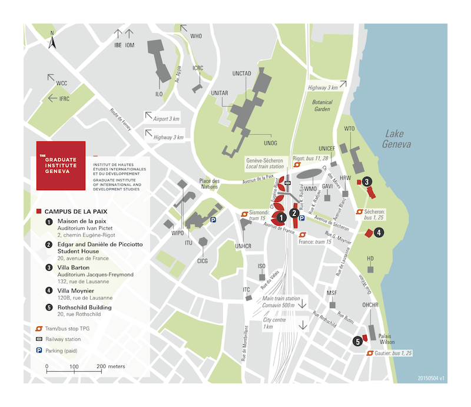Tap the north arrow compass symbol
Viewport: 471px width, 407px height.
tap(52, 41)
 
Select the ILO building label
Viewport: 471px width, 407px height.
tap(158, 94)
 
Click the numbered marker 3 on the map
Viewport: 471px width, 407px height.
tap(367, 182)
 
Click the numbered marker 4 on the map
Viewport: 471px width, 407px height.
tap(379, 233)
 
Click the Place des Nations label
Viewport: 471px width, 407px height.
tap(209, 184)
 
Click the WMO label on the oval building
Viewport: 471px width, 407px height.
tap(310, 188)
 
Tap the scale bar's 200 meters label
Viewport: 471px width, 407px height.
tap(111, 366)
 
